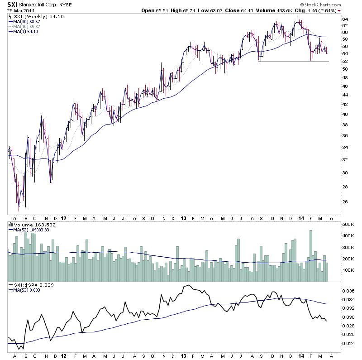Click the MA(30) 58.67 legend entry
[x=27, y=21]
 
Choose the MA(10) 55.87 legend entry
[x=27, y=26]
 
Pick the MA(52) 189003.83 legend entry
[x=31, y=230]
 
